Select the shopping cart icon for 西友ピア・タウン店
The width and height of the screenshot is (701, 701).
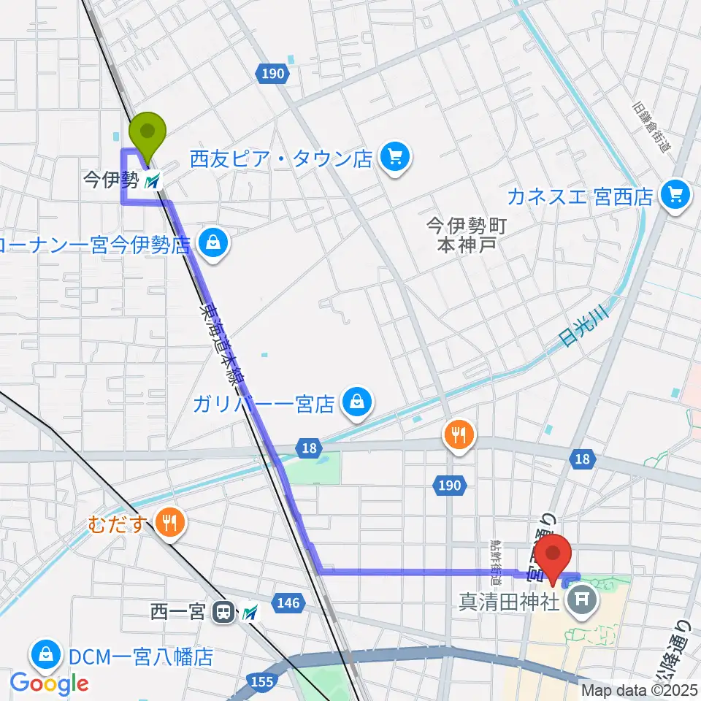[396, 158]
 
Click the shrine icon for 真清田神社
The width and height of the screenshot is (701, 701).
[582, 602]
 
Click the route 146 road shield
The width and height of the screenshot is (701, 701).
[288, 602]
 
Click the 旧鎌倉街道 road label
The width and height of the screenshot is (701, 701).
[652, 126]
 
